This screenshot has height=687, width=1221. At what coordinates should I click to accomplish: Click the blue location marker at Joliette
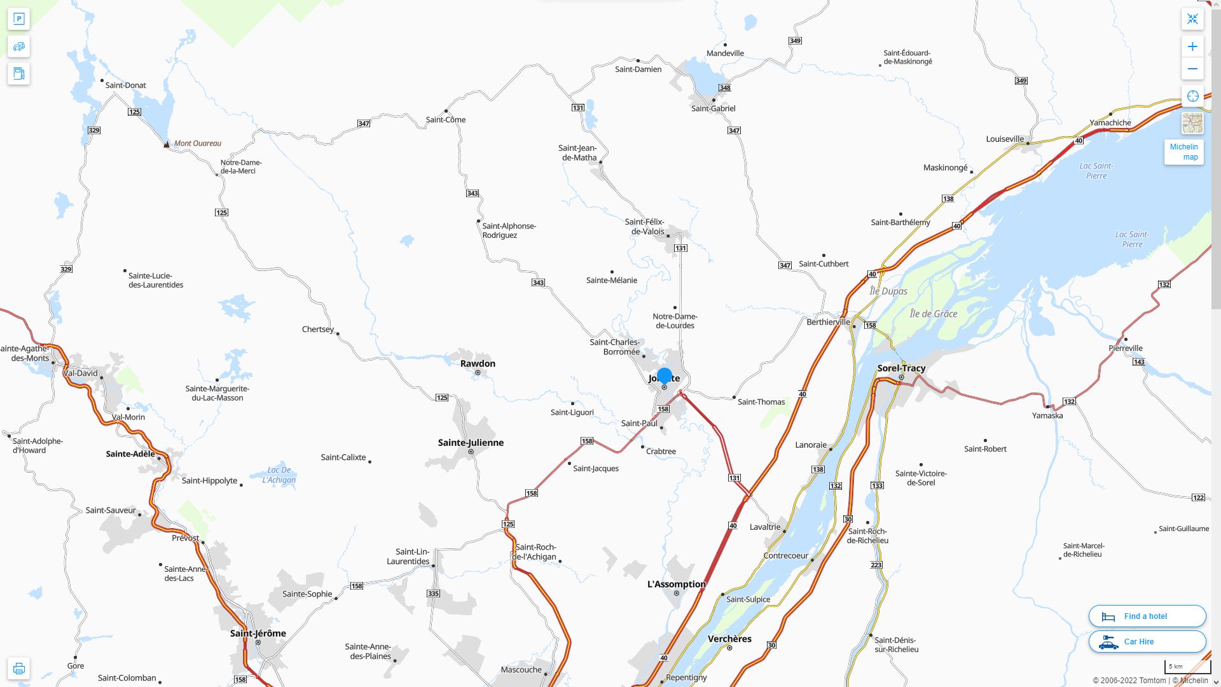[664, 376]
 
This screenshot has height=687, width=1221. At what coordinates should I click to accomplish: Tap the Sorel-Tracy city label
[901, 368]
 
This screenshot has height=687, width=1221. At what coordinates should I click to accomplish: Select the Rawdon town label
[478, 364]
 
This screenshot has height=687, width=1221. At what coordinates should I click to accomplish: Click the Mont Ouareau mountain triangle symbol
[167, 144]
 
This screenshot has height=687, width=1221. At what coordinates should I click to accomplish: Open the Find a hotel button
[1147, 616]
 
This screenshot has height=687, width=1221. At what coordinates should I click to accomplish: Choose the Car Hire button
[1147, 642]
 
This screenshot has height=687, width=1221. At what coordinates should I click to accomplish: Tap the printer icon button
[18, 669]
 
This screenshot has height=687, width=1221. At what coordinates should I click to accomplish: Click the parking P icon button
[18, 19]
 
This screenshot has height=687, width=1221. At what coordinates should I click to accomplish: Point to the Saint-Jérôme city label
[258, 634]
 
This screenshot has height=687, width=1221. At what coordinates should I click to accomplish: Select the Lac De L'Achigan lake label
[279, 475]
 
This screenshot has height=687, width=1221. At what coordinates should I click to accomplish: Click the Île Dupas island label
[888, 291]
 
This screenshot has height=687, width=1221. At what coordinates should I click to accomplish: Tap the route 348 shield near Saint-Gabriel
[724, 88]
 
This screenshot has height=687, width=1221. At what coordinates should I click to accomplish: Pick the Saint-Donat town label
[125, 85]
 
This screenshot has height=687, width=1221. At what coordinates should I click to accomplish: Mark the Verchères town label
[729, 639]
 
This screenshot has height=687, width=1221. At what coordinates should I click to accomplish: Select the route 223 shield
[876, 565]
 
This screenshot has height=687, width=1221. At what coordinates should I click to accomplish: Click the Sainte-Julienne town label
[471, 443]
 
